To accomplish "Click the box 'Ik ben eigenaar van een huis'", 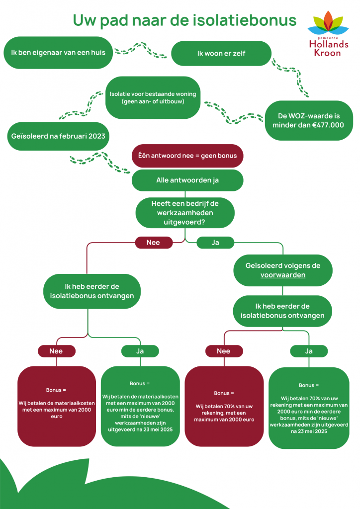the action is click(x=58, y=53).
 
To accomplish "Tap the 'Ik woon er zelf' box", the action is click(x=221, y=53).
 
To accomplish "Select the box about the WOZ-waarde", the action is click(x=308, y=120).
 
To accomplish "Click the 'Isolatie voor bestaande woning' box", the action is click(x=153, y=97).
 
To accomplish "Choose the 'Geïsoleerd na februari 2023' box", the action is click(x=58, y=136).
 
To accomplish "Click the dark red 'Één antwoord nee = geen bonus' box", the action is click(x=187, y=156).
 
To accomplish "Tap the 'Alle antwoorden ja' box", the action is click(x=187, y=180).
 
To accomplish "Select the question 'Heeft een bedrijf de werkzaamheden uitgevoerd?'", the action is click(x=185, y=213).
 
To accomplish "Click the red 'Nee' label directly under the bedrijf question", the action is click(x=154, y=243).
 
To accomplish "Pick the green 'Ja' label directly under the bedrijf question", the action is click(x=215, y=243).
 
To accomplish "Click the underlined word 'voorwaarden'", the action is click(x=283, y=275).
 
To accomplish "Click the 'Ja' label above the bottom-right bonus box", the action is click(x=309, y=351).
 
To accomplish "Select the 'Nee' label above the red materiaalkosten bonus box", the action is click(x=57, y=351).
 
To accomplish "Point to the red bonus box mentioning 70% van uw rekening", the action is click(x=224, y=407).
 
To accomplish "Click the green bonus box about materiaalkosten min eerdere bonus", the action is click(x=140, y=407).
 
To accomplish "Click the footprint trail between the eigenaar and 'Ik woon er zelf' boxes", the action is click(x=141, y=50).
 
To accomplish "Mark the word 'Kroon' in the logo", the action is click(x=327, y=53).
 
